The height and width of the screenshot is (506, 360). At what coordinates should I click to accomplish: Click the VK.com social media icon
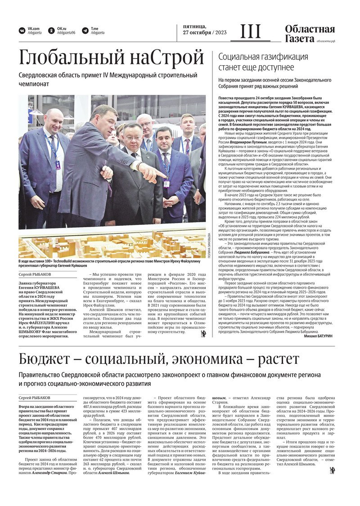pos(22,31)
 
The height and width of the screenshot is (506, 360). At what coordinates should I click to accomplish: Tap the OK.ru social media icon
pos(52,31)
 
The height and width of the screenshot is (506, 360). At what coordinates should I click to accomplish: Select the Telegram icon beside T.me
pos(85,31)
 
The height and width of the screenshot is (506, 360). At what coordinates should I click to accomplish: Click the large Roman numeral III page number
pos(251,32)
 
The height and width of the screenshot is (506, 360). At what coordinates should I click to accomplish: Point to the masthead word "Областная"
pos(310,30)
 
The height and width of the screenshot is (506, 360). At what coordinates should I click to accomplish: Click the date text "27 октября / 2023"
pos(205,33)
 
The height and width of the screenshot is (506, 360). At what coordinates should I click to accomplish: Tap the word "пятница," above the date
pos(194,27)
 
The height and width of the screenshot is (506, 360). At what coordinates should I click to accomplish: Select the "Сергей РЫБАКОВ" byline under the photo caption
pos(35,274)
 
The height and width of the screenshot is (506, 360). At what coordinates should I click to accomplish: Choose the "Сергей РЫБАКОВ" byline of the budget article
pos(35,398)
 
